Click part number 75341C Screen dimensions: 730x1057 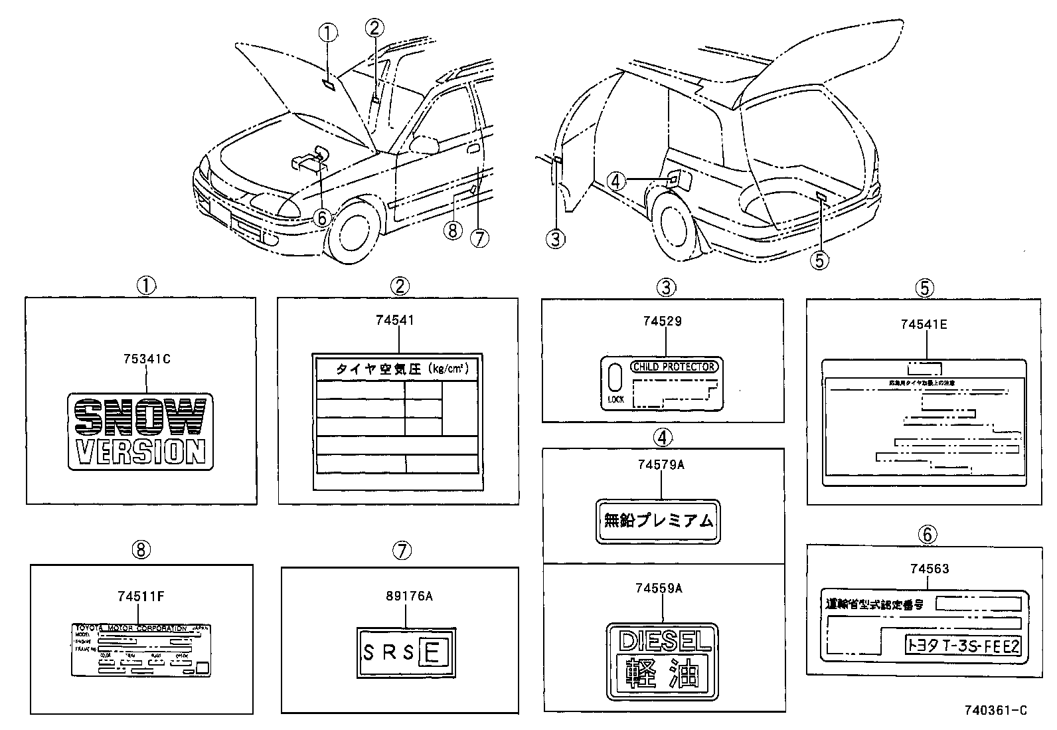147,359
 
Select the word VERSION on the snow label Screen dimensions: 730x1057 140,452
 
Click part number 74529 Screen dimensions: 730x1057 662,321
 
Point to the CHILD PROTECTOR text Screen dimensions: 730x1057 674,367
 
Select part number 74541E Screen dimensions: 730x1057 924,324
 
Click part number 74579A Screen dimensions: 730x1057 660,465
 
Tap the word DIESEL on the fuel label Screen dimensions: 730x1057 663,640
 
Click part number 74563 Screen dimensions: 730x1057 930,569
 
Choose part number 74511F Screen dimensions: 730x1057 140,596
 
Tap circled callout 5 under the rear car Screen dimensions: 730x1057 819,260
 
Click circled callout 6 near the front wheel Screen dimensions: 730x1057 321,218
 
